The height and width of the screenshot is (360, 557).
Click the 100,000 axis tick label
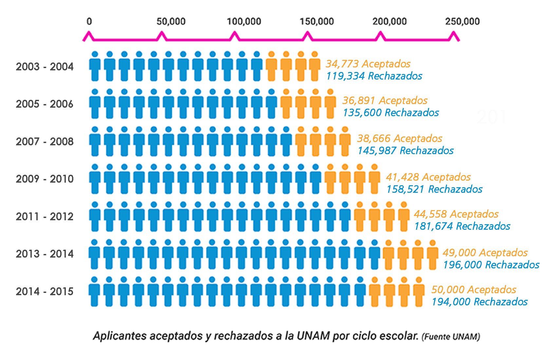(x=244, y=22)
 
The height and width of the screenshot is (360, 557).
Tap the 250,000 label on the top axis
(x=462, y=22)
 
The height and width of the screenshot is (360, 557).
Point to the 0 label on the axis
(x=89, y=22)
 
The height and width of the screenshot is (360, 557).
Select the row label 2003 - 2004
(x=45, y=66)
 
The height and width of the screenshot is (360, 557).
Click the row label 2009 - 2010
(x=45, y=179)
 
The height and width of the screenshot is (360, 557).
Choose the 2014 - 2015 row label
(x=45, y=291)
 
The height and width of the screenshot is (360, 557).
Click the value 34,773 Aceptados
(x=368, y=64)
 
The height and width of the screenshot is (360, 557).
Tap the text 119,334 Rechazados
(x=374, y=76)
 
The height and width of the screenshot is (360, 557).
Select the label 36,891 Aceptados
(x=385, y=100)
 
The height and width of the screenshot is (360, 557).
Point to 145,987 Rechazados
(x=405, y=151)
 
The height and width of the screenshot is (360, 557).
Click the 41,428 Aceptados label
(x=428, y=177)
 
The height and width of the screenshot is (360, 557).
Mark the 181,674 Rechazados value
(x=462, y=226)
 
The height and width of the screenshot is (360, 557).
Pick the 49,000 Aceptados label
(x=485, y=253)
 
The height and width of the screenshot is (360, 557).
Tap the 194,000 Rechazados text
(x=479, y=302)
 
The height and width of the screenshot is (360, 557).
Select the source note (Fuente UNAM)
(x=451, y=337)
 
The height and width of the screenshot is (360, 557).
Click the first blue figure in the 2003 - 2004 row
(x=95, y=66)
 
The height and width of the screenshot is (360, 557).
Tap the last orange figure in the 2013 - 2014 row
(x=433, y=255)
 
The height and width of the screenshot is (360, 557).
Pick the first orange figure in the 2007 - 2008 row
(x=301, y=141)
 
